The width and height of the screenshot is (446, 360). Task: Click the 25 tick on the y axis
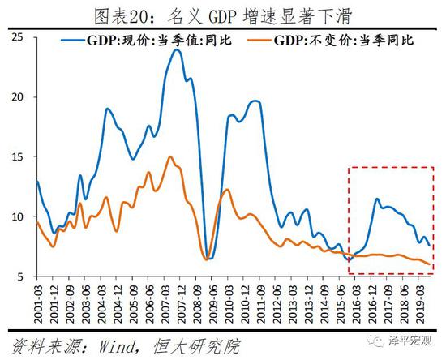pyautogui.click(x=19, y=37)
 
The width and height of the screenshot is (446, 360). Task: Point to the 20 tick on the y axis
pyautogui.click(x=19, y=97)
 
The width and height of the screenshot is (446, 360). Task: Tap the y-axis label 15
pyautogui.click(x=19, y=157)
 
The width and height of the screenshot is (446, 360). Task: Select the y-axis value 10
pyautogui.click(x=19, y=217)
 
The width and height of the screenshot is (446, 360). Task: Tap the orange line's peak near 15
pyautogui.click(x=170, y=157)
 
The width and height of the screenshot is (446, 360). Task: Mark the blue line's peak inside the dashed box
pyautogui.click(x=377, y=199)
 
